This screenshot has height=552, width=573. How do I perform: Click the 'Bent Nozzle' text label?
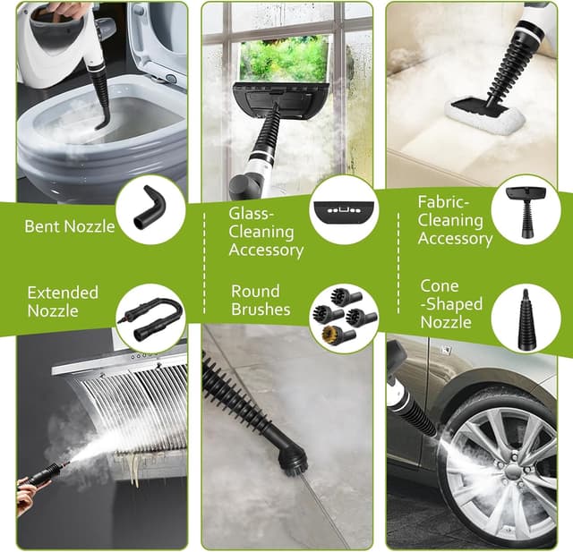click(x=70, y=226)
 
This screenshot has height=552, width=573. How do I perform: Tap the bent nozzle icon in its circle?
click(x=150, y=211)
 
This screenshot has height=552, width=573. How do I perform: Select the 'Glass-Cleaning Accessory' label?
click(x=266, y=232)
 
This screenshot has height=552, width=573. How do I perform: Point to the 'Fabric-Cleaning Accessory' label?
click(x=455, y=220)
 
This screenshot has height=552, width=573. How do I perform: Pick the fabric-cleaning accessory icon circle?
click(x=526, y=208)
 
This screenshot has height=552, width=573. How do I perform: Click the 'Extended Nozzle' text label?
click(x=63, y=301)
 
